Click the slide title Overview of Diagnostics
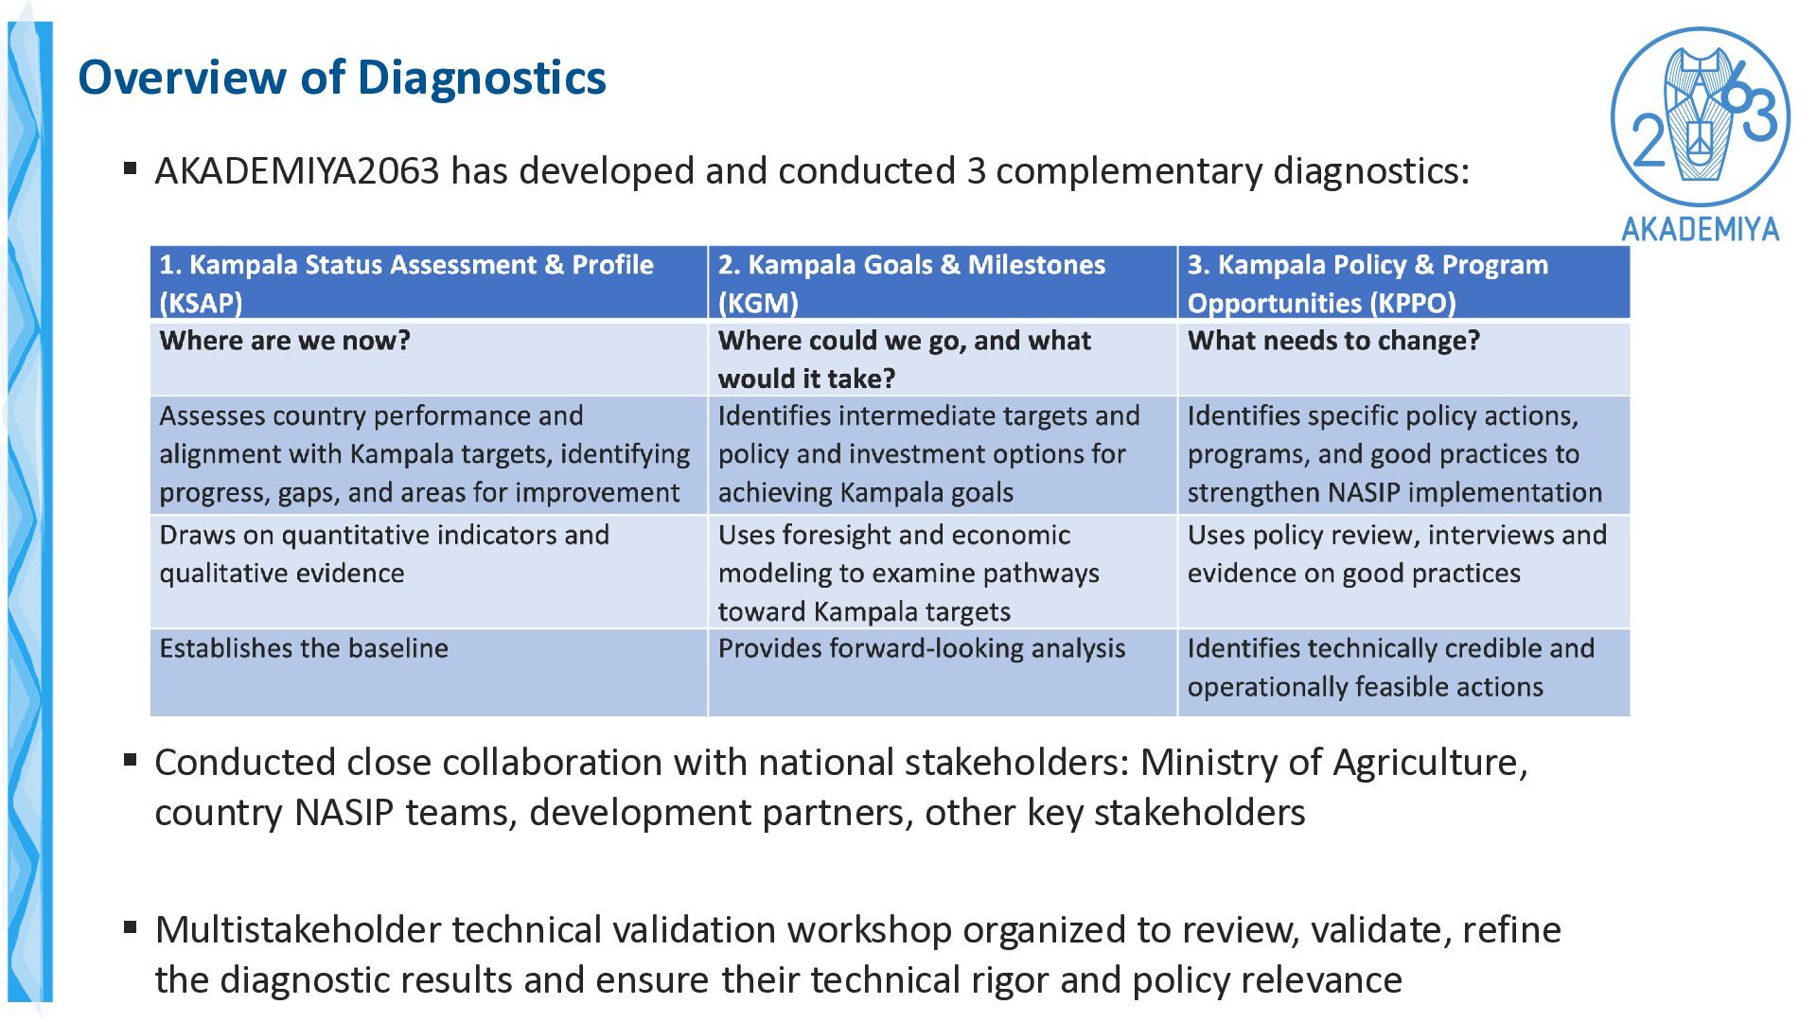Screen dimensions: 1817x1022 pyautogui.click(x=342, y=78)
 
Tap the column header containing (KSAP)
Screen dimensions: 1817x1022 pyautogui.click(x=429, y=282)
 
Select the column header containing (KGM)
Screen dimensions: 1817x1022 pyautogui.click(x=943, y=282)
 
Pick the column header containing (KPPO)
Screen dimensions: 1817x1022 pyautogui.click(x=1404, y=282)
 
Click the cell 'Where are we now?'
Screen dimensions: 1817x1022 pyautogui.click(x=429, y=359)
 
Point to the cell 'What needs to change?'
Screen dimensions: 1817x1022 pyautogui.click(x=1404, y=359)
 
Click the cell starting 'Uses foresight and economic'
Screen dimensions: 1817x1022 pyautogui.click(x=943, y=573)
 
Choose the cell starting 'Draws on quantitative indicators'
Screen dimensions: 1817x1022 pyautogui.click(x=429, y=573)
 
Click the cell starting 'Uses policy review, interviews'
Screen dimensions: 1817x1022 pyautogui.click(x=1404, y=573)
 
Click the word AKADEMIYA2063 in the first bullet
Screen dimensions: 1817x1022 pyautogui.click(x=297, y=171)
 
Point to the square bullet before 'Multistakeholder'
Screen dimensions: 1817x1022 pyautogui.click(x=131, y=927)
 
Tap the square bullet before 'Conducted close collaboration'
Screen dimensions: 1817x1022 pyautogui.click(x=131, y=760)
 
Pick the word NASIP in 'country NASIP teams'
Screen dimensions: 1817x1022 pyautogui.click(x=344, y=813)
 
